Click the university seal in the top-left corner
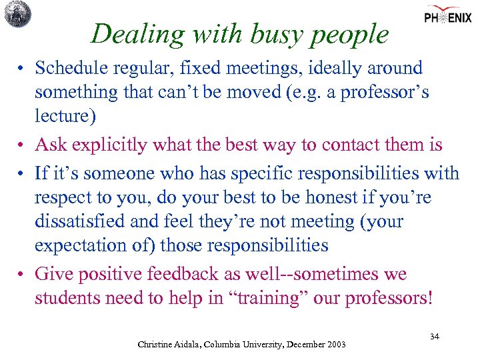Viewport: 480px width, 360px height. point(17,14)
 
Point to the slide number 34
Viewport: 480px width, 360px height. point(434,337)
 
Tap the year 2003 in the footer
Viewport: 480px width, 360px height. point(333,344)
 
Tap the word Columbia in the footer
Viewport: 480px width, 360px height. point(233,344)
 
